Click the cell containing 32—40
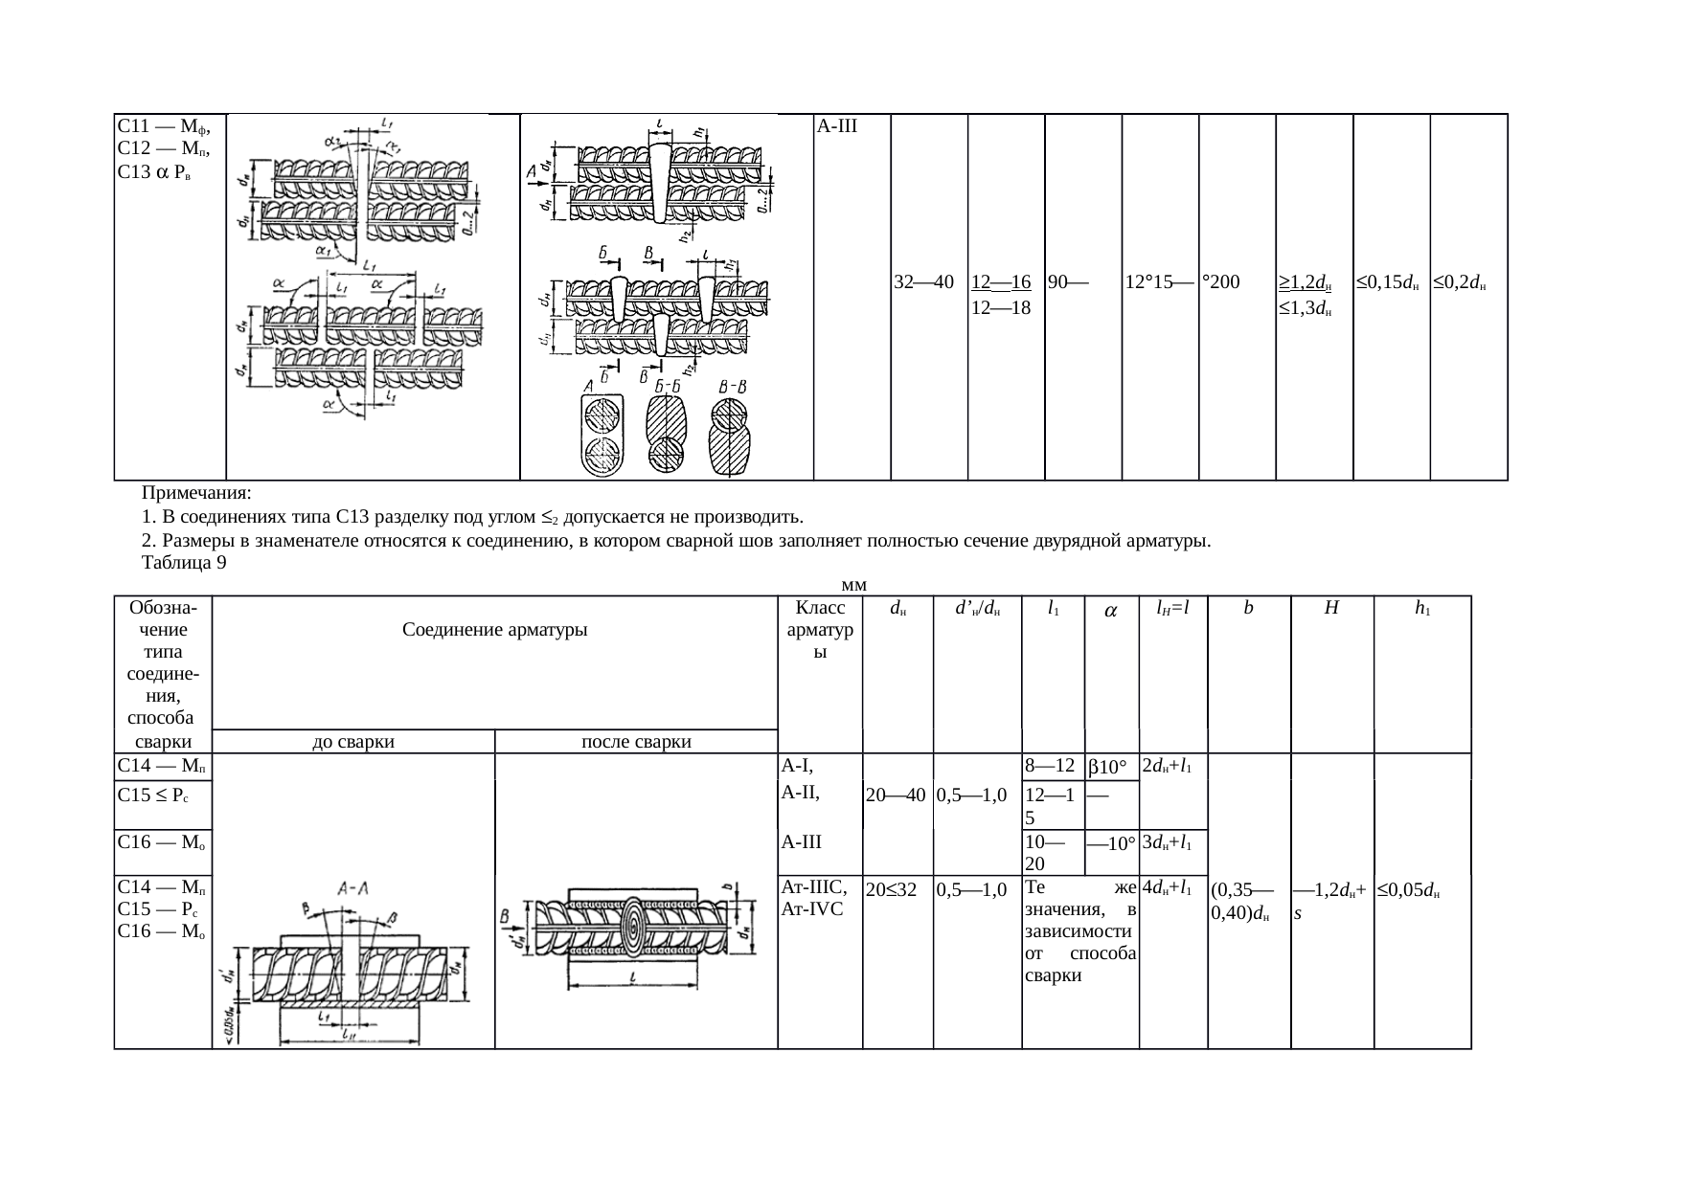[x=922, y=282]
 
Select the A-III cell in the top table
[x=836, y=126]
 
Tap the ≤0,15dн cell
[x=1386, y=282]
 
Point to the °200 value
[x=1221, y=282]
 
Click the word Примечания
[x=195, y=494]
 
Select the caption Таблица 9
[x=184, y=563]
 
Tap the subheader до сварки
[x=353, y=741]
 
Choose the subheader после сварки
[x=637, y=741]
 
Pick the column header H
[x=1331, y=608]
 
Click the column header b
[x=1248, y=608]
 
